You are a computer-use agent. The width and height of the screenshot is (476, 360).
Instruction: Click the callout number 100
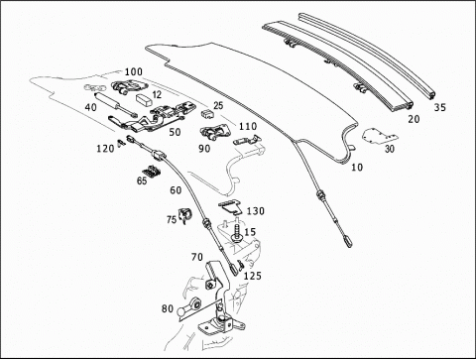tap(134, 71)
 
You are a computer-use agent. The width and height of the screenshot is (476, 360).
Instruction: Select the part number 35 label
tap(440, 107)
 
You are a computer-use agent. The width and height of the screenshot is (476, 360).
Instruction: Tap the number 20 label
tap(414, 119)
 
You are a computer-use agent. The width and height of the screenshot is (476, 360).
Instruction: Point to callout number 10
tap(357, 168)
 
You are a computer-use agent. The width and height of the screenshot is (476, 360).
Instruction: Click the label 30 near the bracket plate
tap(390, 149)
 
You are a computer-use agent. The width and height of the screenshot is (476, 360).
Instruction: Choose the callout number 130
tap(256, 211)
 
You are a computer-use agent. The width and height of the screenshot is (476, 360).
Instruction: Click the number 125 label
tap(253, 276)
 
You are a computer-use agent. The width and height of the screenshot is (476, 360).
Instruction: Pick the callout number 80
tap(168, 308)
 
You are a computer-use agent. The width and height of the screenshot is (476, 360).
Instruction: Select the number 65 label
tap(142, 181)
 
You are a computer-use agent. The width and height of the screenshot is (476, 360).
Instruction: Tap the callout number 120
tap(105, 149)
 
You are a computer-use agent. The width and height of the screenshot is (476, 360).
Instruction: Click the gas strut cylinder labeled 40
tap(116, 104)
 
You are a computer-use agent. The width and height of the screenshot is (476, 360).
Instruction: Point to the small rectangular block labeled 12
tap(144, 99)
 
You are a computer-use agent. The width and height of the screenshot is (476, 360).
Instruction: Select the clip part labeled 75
tap(183, 215)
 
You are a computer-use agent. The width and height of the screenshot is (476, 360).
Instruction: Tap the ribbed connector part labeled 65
tap(152, 172)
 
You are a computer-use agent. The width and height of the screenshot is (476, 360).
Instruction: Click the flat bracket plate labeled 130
tap(230, 208)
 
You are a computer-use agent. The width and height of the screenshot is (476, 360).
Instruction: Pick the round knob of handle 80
tap(181, 311)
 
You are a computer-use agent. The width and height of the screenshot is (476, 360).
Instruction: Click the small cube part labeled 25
tap(207, 114)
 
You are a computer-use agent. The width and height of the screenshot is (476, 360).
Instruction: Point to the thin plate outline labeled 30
tap(380, 137)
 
